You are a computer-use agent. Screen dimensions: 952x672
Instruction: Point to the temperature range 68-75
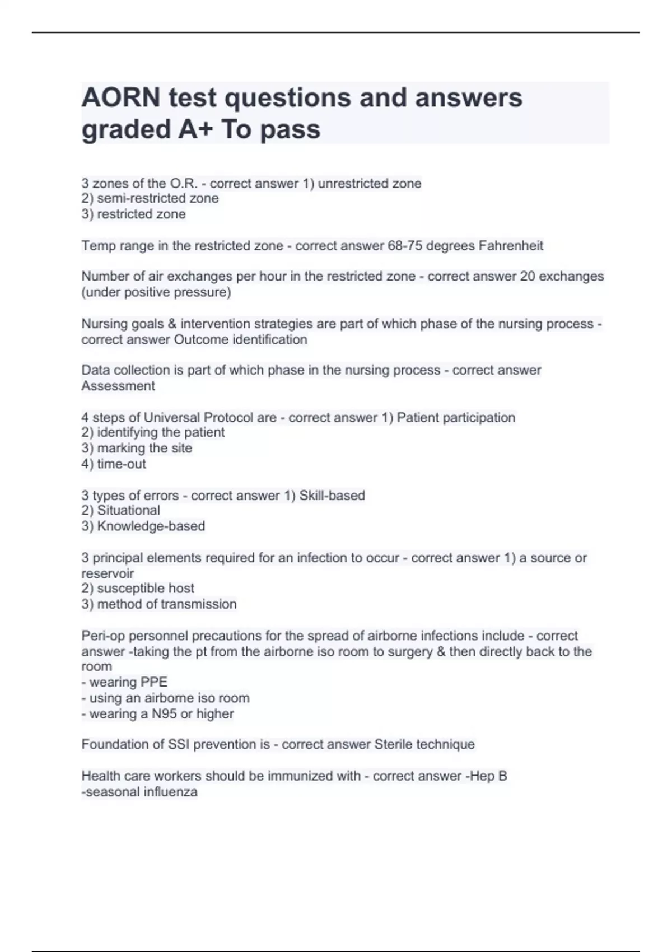405,246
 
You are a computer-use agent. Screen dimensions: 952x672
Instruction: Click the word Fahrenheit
511,246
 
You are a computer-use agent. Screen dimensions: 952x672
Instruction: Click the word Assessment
118,386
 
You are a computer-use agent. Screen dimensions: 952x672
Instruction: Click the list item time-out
122,464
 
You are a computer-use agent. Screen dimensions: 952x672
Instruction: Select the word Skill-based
332,496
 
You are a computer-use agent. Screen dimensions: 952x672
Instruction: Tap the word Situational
128,510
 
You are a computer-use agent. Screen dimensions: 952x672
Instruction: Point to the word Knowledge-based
151,526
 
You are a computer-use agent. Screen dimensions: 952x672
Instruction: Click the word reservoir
108,573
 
